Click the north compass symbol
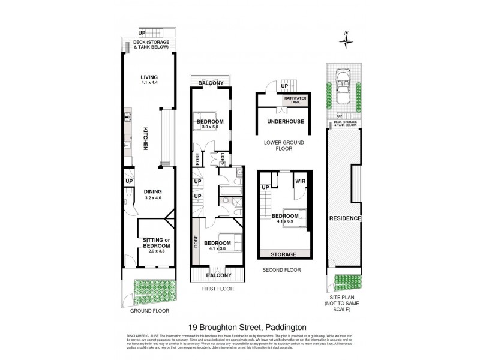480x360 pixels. coord(346,40)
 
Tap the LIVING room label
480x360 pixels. coord(148,77)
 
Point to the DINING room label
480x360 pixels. coord(154,192)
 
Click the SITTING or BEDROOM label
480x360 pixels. coord(156,243)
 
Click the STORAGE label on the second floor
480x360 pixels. coord(284,254)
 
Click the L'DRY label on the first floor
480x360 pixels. coord(223,158)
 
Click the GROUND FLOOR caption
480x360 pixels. coord(149,311)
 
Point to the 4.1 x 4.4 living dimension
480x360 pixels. coord(148,83)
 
